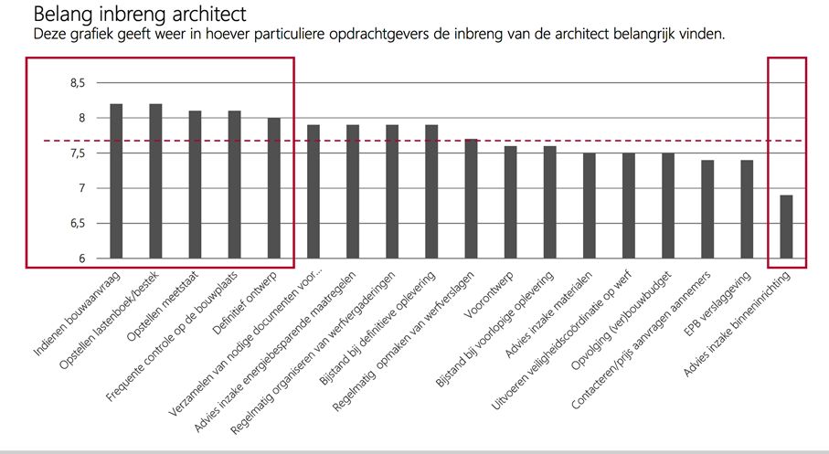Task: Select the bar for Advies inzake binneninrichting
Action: [786, 227]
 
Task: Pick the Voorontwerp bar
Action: [510, 202]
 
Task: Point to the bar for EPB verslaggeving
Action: [747, 209]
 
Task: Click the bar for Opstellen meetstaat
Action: [195, 185]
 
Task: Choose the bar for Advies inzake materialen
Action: [589, 206]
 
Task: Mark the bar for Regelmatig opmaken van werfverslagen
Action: [471, 198]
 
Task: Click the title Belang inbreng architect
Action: [139, 16]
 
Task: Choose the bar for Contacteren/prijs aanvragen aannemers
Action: [707, 209]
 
